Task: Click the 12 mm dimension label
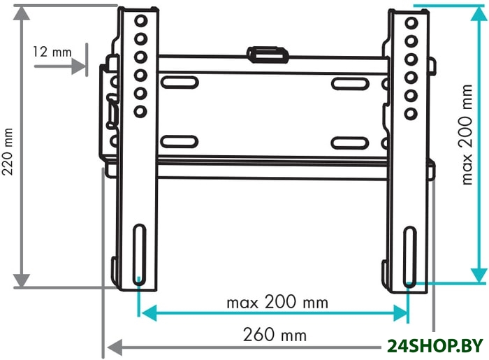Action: click(x=52, y=52)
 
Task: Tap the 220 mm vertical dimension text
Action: click(x=8, y=152)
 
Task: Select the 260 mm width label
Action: click(x=275, y=335)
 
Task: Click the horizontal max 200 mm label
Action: click(x=277, y=302)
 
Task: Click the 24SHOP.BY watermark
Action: click(x=435, y=345)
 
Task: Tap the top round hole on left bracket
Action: click(x=141, y=21)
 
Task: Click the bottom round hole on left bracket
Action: click(x=140, y=111)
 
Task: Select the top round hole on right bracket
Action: click(x=411, y=23)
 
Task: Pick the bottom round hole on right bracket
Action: click(x=411, y=113)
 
